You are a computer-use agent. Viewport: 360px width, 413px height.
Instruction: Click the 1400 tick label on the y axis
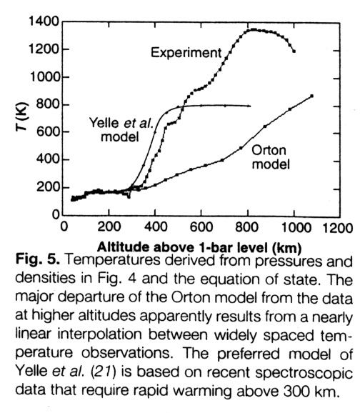point(44,21)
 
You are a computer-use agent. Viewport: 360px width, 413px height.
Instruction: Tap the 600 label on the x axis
point(201,227)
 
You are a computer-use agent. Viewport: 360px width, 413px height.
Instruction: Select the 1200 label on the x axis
point(337,227)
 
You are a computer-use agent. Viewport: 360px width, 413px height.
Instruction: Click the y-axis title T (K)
point(21,116)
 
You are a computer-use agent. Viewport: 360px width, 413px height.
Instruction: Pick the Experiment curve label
point(186,52)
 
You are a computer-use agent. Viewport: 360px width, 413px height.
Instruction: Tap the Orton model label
point(271,157)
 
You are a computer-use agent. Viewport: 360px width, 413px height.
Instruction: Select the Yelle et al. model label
point(121,129)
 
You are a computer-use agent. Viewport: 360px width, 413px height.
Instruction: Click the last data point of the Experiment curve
point(294,51)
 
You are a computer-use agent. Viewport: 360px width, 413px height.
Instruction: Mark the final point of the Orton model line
point(312,96)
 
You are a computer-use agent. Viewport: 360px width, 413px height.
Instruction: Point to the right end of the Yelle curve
point(250,106)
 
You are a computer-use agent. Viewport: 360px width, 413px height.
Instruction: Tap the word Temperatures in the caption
point(112,259)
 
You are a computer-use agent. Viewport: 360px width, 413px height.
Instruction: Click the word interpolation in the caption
point(99,335)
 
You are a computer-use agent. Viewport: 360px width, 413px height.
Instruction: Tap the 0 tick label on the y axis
point(56,214)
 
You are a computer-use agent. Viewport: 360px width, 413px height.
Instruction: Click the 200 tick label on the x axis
point(109,227)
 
